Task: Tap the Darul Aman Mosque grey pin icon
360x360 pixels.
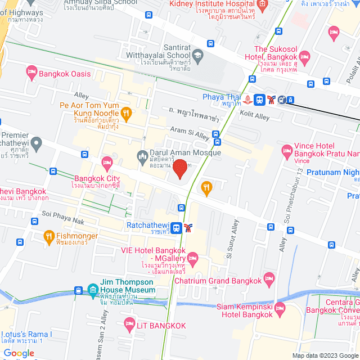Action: click(x=142, y=155)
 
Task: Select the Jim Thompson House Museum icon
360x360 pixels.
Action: click(x=93, y=291)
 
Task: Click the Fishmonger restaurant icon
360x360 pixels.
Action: click(x=49, y=236)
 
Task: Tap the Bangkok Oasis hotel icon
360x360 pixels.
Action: click(x=31, y=73)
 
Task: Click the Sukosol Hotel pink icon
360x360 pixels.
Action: click(x=304, y=56)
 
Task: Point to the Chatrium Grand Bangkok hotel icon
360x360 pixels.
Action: click(x=269, y=278)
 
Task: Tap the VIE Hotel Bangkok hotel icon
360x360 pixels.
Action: click(x=193, y=259)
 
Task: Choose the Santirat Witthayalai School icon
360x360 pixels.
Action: click(x=197, y=55)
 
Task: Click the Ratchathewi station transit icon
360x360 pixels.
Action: click(x=177, y=228)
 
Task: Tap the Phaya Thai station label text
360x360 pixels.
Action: click(x=222, y=96)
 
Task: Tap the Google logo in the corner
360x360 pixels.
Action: click(x=19, y=353)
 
